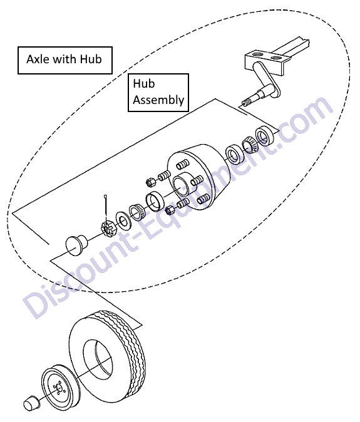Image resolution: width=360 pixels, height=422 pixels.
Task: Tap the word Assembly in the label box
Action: [x=158, y=100]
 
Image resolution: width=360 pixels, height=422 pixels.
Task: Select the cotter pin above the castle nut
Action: [x=106, y=208]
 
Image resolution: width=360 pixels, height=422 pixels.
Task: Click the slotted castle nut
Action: [x=108, y=228]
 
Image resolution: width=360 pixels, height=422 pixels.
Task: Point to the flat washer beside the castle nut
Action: [x=123, y=220]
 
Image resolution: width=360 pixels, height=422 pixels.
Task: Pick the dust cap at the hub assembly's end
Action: [x=76, y=245]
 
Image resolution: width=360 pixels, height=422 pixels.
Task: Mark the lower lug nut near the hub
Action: [x=170, y=210]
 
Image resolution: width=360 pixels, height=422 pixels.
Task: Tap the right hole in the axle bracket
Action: [x=275, y=58]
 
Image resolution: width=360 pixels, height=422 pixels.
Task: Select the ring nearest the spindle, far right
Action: [x=264, y=135]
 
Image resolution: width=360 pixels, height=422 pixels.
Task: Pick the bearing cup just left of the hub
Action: [x=155, y=201]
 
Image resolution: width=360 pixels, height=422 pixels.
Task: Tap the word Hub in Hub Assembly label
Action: [x=144, y=84]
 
